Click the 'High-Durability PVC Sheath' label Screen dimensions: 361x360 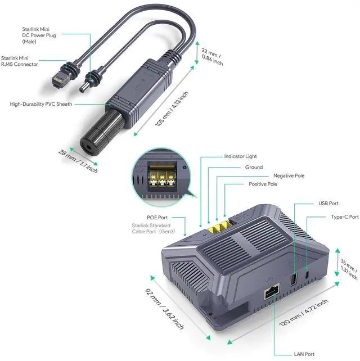tap(40, 104)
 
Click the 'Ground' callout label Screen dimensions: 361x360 tap(254, 167)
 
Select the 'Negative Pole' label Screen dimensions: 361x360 tap(289, 175)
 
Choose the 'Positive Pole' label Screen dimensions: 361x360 tap(263, 184)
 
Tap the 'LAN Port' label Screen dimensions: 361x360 tap(305, 354)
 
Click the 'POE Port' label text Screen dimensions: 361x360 tap(157, 217)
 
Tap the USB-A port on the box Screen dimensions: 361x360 tap(293, 279)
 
